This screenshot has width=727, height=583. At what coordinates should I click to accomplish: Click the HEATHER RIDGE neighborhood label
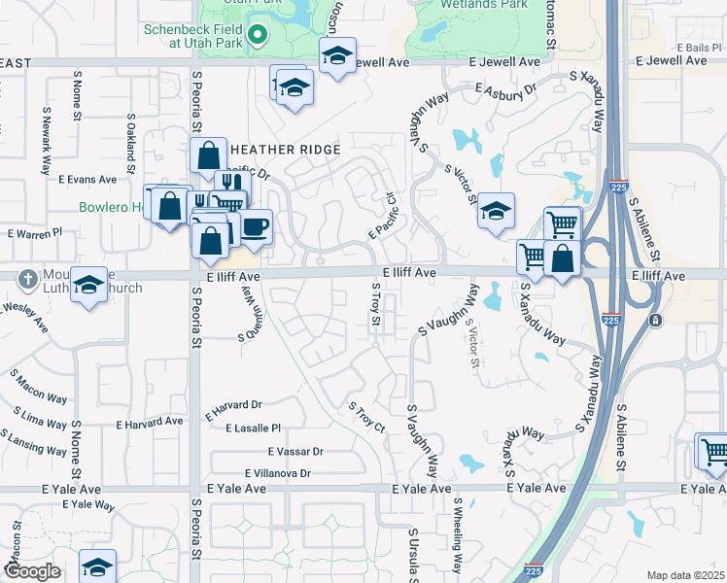coord(284,150)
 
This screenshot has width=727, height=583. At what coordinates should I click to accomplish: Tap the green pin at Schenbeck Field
coord(258,37)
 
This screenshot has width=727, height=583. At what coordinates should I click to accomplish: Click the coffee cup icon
coord(256,226)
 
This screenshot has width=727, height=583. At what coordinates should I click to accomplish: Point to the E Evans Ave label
coord(87,180)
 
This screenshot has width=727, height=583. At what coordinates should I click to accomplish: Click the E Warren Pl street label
coord(35,233)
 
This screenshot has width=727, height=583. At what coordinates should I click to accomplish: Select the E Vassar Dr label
coord(295,452)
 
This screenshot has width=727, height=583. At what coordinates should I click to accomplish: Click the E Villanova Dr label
coord(278,473)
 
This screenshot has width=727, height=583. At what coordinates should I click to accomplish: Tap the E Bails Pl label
coord(691,47)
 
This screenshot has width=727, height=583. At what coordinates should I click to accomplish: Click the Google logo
coord(31,571)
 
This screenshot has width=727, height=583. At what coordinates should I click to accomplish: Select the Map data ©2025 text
coord(684,575)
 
